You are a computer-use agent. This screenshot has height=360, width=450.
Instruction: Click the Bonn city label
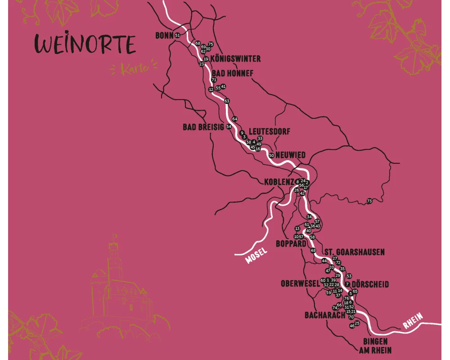coord(164,35)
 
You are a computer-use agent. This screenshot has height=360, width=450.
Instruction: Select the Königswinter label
coord(235,59)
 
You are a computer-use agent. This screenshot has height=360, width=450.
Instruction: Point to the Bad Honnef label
coord(233,73)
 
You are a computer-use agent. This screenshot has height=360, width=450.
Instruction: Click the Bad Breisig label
coord(203,127)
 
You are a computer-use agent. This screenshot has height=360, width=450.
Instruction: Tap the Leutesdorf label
coord(269,131)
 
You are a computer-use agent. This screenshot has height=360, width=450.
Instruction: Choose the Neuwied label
coord(290,155)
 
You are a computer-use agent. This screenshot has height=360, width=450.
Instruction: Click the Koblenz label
coord(279,182)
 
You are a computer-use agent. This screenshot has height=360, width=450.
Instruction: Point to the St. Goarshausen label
coord(355,252)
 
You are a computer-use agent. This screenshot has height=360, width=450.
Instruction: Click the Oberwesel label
coord(300,284)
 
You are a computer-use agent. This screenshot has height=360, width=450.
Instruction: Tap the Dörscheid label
coord(370,284)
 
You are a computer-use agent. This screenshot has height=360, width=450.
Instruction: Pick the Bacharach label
coord(325,315)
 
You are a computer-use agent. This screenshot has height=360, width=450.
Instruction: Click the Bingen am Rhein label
coord(374,346)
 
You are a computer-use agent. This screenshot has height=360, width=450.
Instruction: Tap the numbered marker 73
coord(369,201)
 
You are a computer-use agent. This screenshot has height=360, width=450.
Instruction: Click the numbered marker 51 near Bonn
coord(177,35)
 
